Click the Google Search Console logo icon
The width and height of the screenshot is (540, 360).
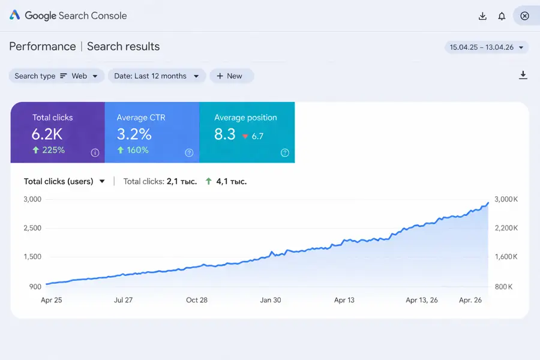tap(15, 16)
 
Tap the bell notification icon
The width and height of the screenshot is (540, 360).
tap(502, 16)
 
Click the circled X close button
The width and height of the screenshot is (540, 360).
tap(524, 16)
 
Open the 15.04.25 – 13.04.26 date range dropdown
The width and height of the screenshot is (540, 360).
tap(486, 47)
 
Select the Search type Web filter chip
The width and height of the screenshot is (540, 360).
tap(56, 76)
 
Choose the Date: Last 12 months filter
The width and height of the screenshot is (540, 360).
tap(157, 76)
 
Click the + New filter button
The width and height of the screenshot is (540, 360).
tap(231, 76)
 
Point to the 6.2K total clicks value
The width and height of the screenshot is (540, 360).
tap(47, 134)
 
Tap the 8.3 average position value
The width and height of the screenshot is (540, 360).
tap(225, 134)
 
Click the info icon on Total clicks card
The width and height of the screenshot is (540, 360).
tap(95, 153)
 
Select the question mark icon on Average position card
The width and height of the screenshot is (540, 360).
tap(285, 153)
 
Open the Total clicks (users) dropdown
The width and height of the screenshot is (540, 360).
tap(64, 181)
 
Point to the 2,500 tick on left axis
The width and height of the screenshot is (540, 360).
tap(32, 228)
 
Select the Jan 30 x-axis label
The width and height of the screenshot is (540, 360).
tap(271, 300)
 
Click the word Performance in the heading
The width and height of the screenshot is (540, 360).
tap(43, 47)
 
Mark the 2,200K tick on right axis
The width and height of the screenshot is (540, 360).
tap(505, 228)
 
